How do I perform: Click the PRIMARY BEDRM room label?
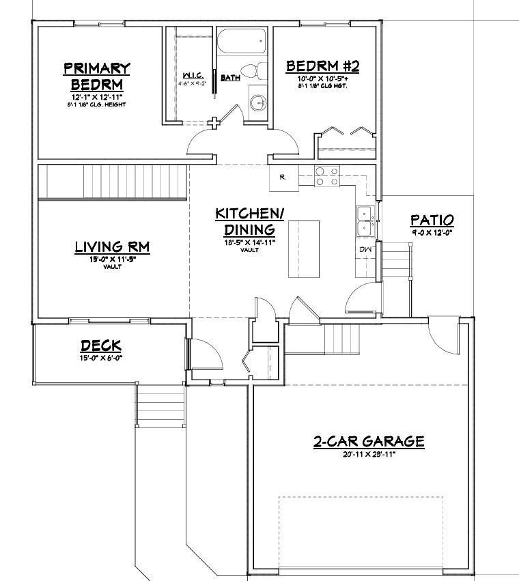click(x=96, y=76)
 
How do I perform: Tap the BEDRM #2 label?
click(x=322, y=66)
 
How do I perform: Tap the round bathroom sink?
click(x=257, y=103)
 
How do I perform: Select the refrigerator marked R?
click(x=282, y=178)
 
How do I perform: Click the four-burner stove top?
click(x=326, y=176)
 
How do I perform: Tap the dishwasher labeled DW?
click(x=365, y=250)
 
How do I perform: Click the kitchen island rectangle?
click(x=303, y=249)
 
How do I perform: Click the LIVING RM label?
click(x=112, y=246)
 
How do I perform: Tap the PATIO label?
click(x=432, y=220)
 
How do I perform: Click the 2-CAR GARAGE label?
click(x=369, y=441)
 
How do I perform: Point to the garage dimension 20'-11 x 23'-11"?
click(x=369, y=454)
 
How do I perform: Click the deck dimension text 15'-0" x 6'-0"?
click(x=100, y=358)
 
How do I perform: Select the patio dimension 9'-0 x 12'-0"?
click(x=432, y=233)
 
